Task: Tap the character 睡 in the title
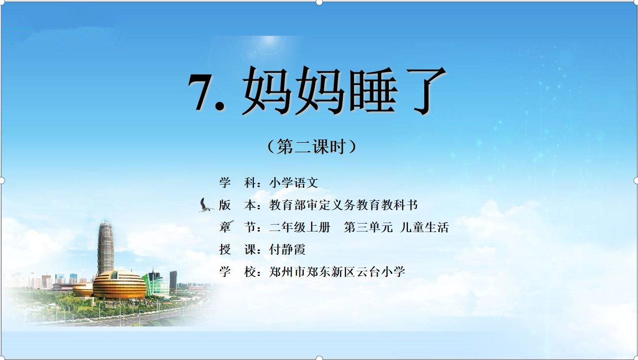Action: [x=373, y=90]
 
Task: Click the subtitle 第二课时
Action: [x=312, y=146]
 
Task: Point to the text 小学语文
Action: [x=294, y=183]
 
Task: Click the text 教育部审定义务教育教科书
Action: [x=343, y=205]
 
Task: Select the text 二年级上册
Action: [x=299, y=227]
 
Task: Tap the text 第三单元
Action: [x=368, y=227]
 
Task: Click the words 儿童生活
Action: [x=424, y=227]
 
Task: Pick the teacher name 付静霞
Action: [x=287, y=250]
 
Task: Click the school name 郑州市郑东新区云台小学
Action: [x=337, y=272]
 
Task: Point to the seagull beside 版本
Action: [x=206, y=205]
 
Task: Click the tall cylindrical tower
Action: [x=106, y=247]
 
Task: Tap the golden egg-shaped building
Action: [x=120, y=284]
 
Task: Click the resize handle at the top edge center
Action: [x=319, y=2]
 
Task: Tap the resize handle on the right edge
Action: [x=636, y=180]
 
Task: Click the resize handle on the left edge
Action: [x=2, y=180]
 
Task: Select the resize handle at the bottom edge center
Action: [x=319, y=358]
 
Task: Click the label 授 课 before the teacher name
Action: [x=238, y=250]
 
